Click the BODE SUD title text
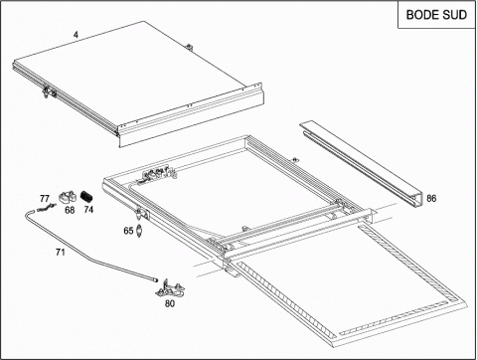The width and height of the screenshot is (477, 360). click(436, 15)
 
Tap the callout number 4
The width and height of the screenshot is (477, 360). click(77, 35)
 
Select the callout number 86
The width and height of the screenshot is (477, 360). click(431, 199)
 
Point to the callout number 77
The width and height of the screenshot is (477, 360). click(45, 199)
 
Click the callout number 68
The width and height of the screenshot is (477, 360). click(70, 210)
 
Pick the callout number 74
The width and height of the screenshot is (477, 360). click(88, 210)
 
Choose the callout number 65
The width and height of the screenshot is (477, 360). click(128, 231)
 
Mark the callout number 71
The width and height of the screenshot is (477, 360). click(60, 253)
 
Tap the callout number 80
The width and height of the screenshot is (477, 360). click(170, 303)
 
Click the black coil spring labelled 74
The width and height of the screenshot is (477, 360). click(86, 197)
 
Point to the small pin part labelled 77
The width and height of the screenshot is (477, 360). click(47, 208)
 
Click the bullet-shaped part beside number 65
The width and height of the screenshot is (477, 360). click(139, 231)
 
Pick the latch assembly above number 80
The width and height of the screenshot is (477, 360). click(170, 288)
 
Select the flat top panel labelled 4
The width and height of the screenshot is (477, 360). click(139, 85)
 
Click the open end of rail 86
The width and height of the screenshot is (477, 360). click(417, 202)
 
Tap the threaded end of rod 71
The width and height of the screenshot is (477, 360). click(155, 279)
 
